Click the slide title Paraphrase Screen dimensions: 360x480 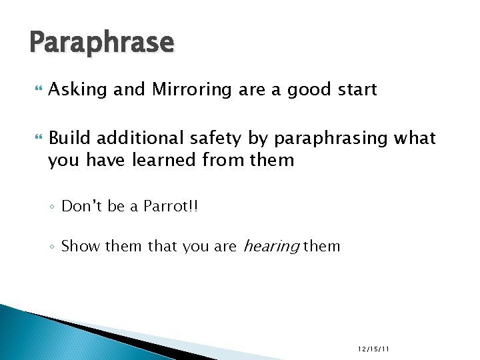coord(101,43)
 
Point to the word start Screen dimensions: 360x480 coord(356,89)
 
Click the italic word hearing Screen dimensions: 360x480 coord(271,247)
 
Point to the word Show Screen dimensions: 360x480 coord(81,247)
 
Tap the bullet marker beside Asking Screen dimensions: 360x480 coord(35,89)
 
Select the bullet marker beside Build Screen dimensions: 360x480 coord(35,138)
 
